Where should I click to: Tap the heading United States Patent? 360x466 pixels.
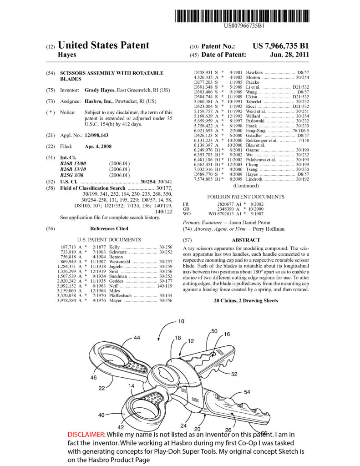pos(104,45)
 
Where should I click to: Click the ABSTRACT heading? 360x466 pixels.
pos(246,240)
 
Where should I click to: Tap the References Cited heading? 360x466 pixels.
pos(109,228)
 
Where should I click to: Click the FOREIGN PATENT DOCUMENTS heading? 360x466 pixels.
pos(246,197)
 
